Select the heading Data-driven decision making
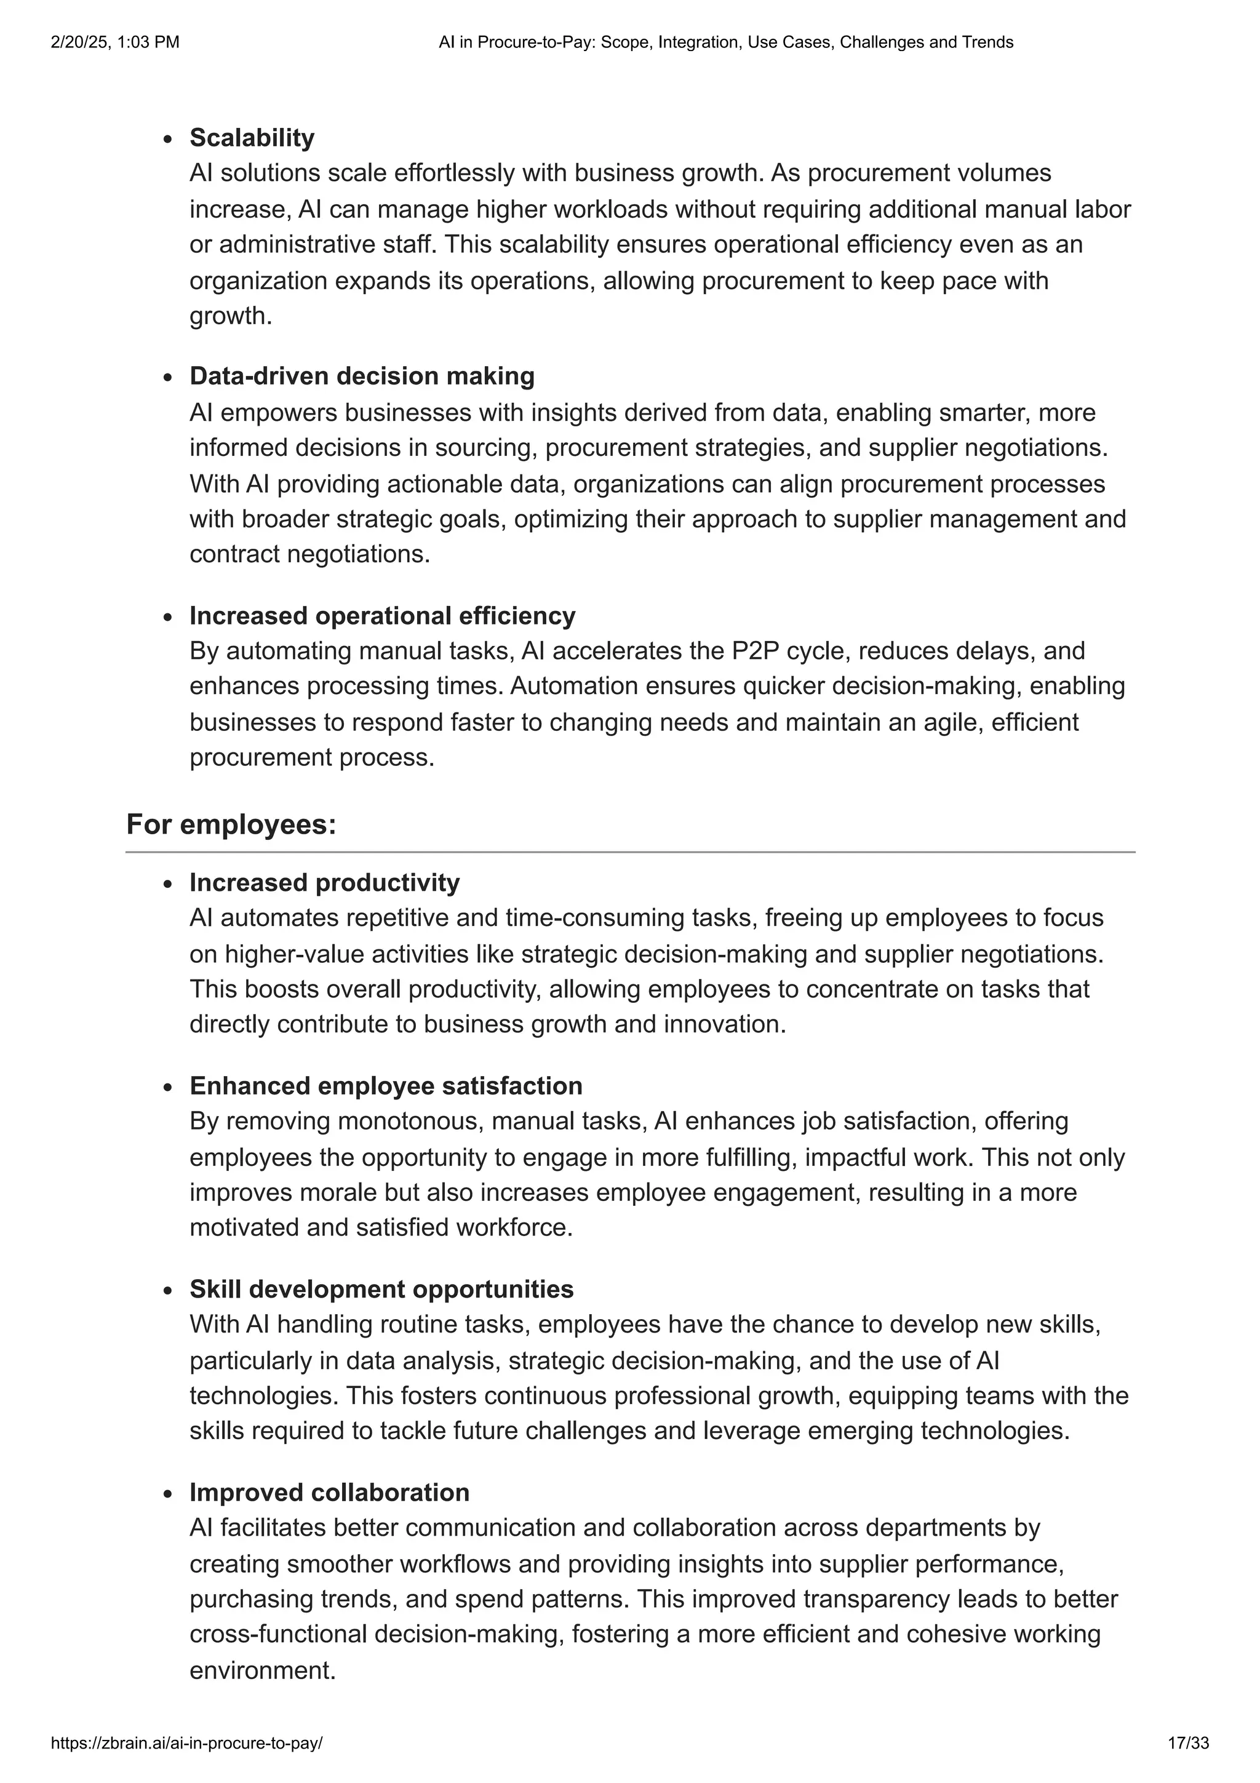click(362, 376)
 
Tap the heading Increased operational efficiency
click(382, 615)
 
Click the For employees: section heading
click(231, 824)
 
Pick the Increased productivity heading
click(324, 882)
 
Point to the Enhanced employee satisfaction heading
click(386, 1086)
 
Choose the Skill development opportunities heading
click(381, 1289)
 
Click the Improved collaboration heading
click(329, 1493)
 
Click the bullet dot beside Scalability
click(168, 140)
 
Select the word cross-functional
click(278, 1634)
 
